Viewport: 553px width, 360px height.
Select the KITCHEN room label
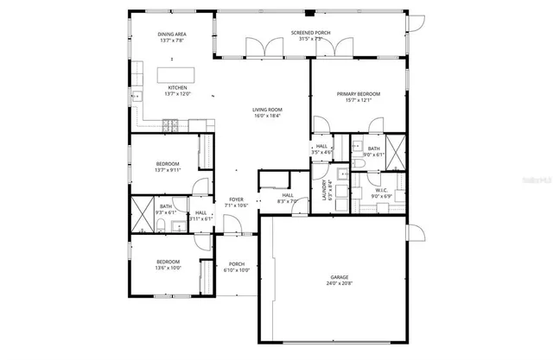tap(176, 87)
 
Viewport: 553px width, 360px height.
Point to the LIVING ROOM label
tap(268, 110)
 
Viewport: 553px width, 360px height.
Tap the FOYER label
tap(236, 199)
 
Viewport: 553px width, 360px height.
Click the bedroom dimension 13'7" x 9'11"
tap(168, 170)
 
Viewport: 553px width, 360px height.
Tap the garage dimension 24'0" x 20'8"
tap(339, 282)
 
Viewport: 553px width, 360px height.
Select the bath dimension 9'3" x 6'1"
tap(165, 212)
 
